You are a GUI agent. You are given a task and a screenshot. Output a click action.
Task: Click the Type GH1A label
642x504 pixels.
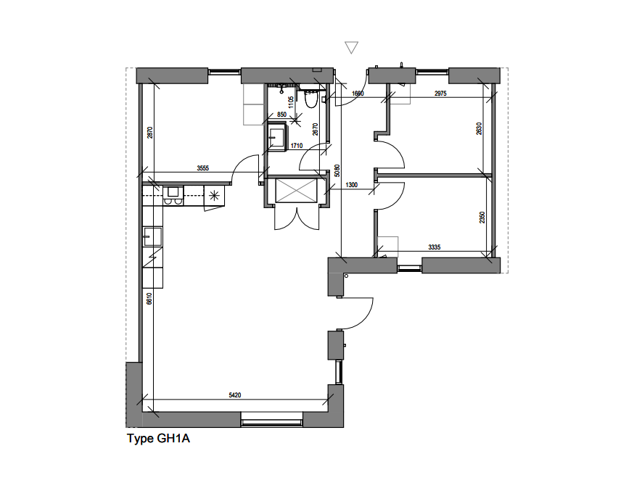(x=158, y=439)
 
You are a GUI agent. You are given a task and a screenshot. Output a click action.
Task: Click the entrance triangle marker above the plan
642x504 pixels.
(x=352, y=48)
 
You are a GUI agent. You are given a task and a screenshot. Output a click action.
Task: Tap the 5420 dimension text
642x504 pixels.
(x=234, y=395)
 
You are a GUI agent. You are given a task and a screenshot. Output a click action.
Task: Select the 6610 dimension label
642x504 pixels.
(x=149, y=299)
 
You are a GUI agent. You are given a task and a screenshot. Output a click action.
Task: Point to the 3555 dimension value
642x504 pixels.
(x=204, y=168)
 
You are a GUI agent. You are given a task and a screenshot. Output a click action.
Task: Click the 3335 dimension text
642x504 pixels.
(x=435, y=247)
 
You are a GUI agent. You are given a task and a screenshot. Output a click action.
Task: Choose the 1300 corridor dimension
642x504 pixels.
(x=352, y=186)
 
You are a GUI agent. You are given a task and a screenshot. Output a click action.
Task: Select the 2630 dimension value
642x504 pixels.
(x=478, y=128)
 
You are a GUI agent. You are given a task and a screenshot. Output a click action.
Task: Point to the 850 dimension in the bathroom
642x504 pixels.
(x=281, y=115)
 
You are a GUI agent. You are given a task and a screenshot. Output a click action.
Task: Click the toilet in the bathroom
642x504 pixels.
(x=311, y=101)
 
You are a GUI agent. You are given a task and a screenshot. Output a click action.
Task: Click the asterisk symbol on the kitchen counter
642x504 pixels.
(x=214, y=194)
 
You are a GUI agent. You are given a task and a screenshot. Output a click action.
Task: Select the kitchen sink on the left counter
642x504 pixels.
(x=152, y=234)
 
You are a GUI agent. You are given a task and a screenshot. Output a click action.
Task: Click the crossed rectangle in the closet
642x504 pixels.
(x=293, y=191)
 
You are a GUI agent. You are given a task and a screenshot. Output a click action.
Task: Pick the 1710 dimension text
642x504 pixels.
(x=296, y=146)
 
